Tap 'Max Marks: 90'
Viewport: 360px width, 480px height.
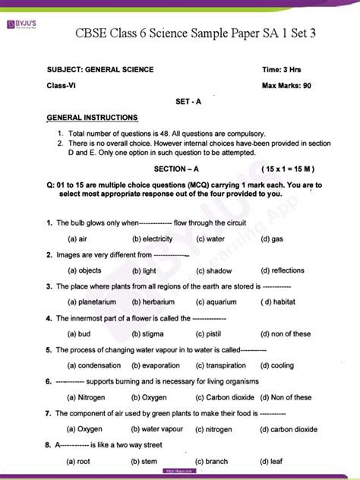coord(288,86)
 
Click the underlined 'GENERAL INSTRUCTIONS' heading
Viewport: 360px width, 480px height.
coord(92,118)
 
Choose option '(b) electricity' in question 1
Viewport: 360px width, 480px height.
coord(152,238)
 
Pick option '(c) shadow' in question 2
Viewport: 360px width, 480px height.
coord(213,270)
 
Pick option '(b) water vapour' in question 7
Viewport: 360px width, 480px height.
coord(157,429)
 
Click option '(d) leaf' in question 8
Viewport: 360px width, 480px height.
coord(272,461)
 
